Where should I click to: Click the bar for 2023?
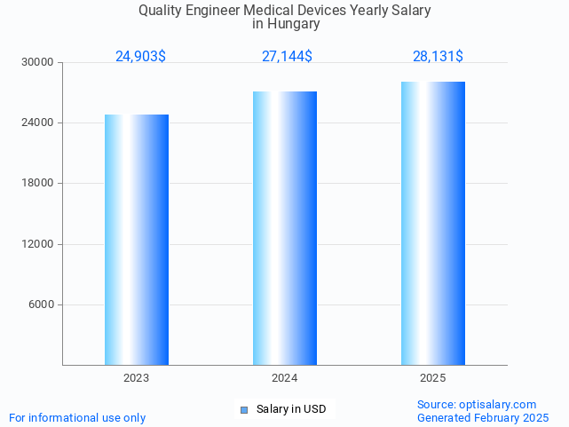pyautogui.click(x=137, y=240)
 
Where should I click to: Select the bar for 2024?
pyautogui.click(x=285, y=228)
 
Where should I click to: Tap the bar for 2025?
pyautogui.click(x=433, y=223)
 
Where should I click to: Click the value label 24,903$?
pyautogui.click(x=140, y=57)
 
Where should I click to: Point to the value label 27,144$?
pyautogui.click(x=287, y=57)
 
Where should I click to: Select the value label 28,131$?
pyautogui.click(x=438, y=57)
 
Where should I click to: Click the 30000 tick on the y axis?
pyautogui.click(x=39, y=62)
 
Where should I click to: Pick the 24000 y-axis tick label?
pyautogui.click(x=39, y=123)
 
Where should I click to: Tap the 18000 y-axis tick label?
pyautogui.click(x=39, y=183)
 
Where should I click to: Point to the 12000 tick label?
pyautogui.click(x=39, y=244)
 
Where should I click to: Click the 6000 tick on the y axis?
pyautogui.click(x=42, y=304)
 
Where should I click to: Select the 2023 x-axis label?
pyautogui.click(x=137, y=378)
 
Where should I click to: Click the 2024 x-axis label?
pyautogui.click(x=285, y=378)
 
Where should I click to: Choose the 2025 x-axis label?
pyautogui.click(x=433, y=378)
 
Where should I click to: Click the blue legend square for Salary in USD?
pyautogui.click(x=244, y=409)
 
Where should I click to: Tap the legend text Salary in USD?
pyautogui.click(x=291, y=409)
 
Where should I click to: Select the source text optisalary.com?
pyautogui.click(x=498, y=404)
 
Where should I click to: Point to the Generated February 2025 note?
pyautogui.click(x=483, y=417)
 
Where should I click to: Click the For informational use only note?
pyautogui.click(x=77, y=417)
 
